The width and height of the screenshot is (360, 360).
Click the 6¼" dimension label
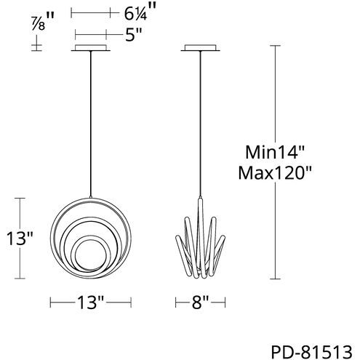140,13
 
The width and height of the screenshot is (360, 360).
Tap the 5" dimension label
134,35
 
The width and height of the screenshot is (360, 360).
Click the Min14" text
274,152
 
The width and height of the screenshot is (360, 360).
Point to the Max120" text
274,172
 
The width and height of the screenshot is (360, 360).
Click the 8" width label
200,303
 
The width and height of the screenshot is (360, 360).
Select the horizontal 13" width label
90,303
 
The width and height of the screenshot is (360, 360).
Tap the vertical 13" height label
20,238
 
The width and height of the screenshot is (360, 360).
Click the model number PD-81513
311,352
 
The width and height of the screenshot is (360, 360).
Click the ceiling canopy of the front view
91,48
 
